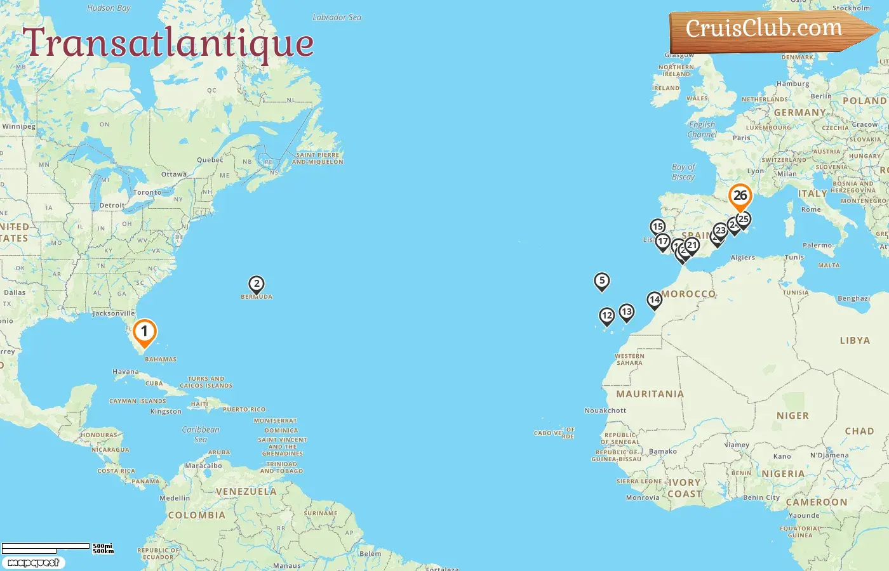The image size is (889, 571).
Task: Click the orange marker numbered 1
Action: pyautogui.click(x=145, y=332)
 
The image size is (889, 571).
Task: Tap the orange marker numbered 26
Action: pyautogui.click(x=740, y=196)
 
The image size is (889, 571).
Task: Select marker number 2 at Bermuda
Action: pyautogui.click(x=257, y=284)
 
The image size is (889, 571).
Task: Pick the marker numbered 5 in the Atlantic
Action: pyautogui.click(x=601, y=280)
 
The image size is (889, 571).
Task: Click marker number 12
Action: pyautogui.click(x=607, y=315)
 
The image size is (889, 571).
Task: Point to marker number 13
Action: pyautogui.click(x=627, y=312)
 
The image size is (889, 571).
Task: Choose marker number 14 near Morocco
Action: pyautogui.click(x=655, y=299)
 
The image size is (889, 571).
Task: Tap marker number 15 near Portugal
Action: pyautogui.click(x=658, y=226)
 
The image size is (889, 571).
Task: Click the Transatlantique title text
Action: pyautogui.click(x=168, y=43)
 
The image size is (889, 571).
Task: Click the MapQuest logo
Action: pyautogui.click(x=33, y=563)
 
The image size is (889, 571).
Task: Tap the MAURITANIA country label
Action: pyautogui.click(x=650, y=394)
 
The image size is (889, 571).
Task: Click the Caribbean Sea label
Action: pyautogui.click(x=201, y=434)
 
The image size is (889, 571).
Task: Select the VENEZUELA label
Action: pyautogui.click(x=246, y=492)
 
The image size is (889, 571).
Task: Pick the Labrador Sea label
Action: pyautogui.click(x=337, y=17)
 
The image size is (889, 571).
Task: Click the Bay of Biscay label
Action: pyautogui.click(x=683, y=172)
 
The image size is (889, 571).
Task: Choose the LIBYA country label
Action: pyautogui.click(x=855, y=340)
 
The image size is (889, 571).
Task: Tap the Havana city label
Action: pyautogui.click(x=125, y=372)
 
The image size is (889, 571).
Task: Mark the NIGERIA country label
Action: pyautogui.click(x=783, y=474)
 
